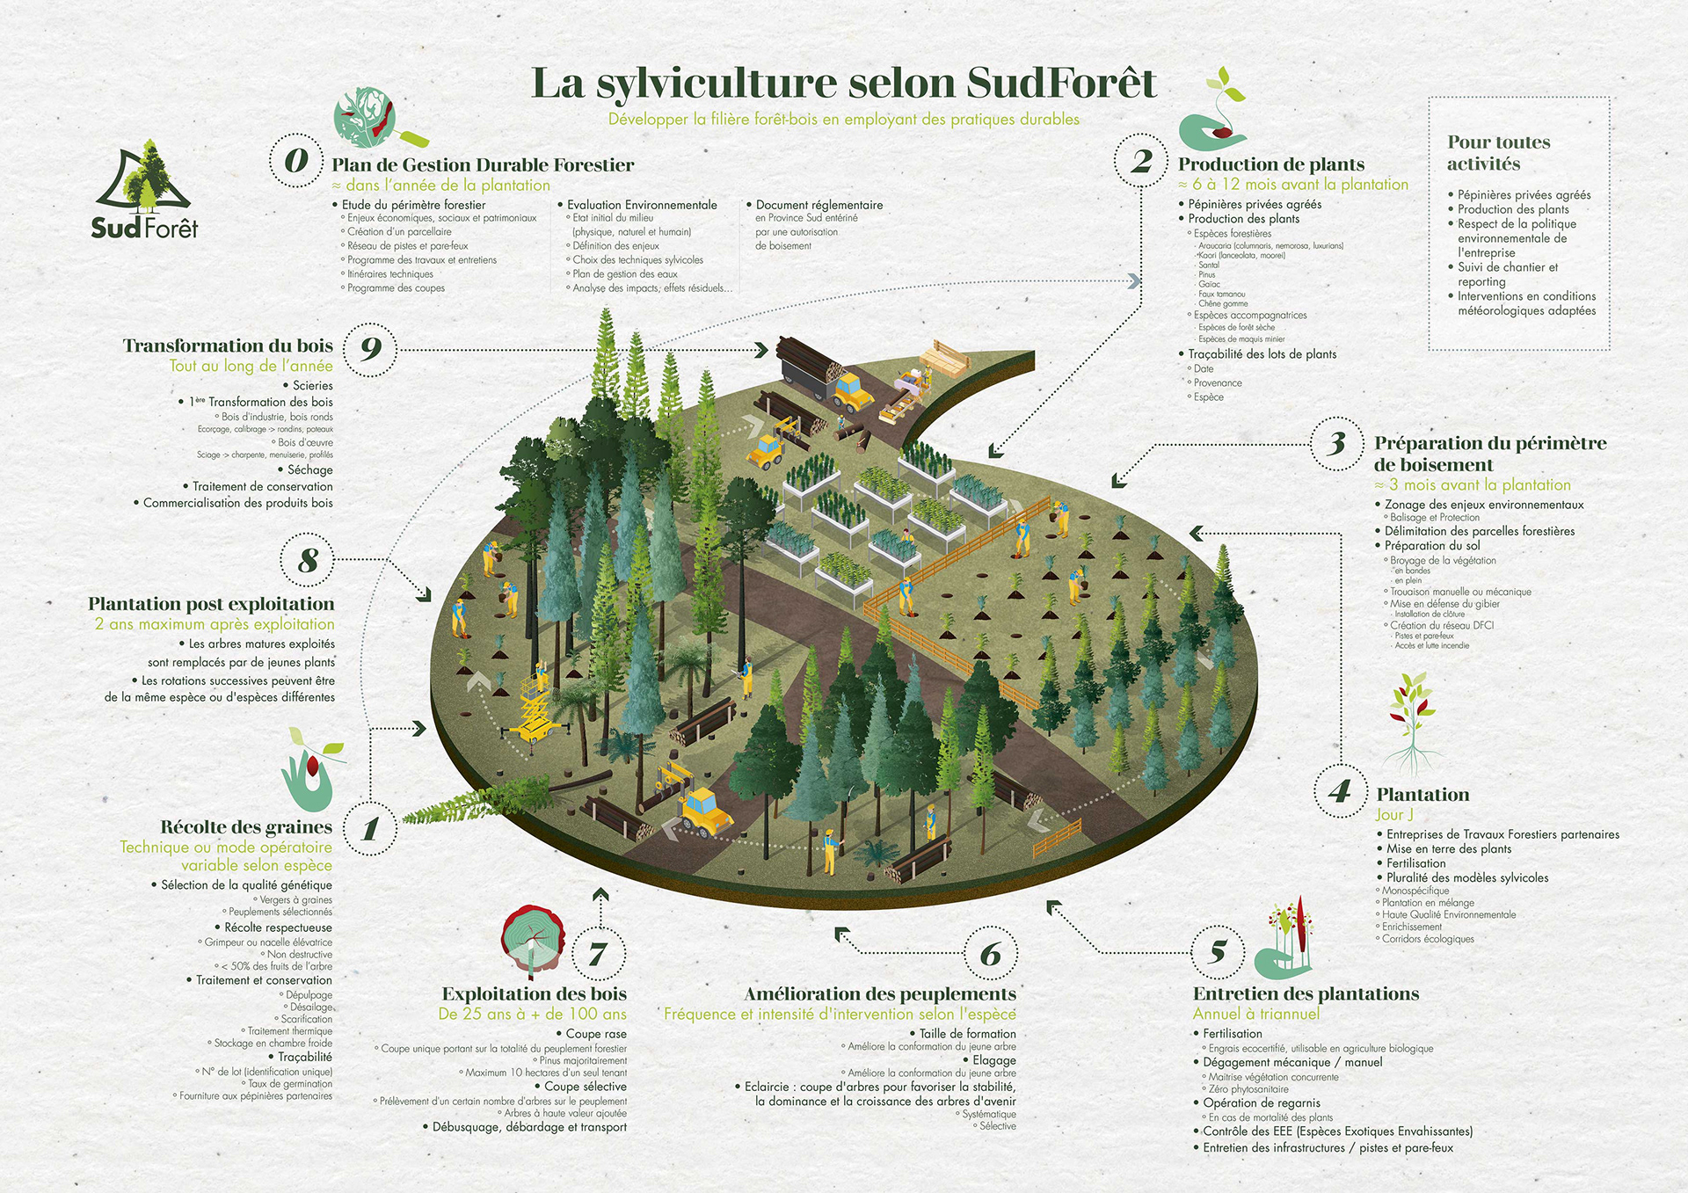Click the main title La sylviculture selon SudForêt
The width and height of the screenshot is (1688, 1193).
tap(844, 84)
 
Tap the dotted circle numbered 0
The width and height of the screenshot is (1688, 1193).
tap(296, 160)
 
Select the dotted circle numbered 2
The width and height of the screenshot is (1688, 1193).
tap(1141, 161)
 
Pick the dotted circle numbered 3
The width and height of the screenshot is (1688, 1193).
tap(1336, 443)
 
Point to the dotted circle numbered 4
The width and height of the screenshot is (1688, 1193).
tap(1340, 791)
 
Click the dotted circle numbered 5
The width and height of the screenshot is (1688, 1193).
tap(1218, 951)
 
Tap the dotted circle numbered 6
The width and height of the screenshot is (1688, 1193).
tap(991, 954)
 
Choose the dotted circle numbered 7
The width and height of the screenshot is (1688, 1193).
tap(599, 954)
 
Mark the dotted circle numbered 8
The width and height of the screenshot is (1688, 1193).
tap(308, 560)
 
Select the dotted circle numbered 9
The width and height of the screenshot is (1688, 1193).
tap(370, 349)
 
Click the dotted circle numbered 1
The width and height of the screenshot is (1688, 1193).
tap(370, 828)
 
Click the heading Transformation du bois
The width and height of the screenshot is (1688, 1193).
tap(228, 346)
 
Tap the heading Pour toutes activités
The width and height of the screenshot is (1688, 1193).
tap(1498, 153)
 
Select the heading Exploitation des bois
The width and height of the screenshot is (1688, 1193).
tap(534, 994)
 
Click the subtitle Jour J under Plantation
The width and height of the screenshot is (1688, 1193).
tap(1394, 815)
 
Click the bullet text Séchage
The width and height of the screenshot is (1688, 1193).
tap(309, 470)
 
